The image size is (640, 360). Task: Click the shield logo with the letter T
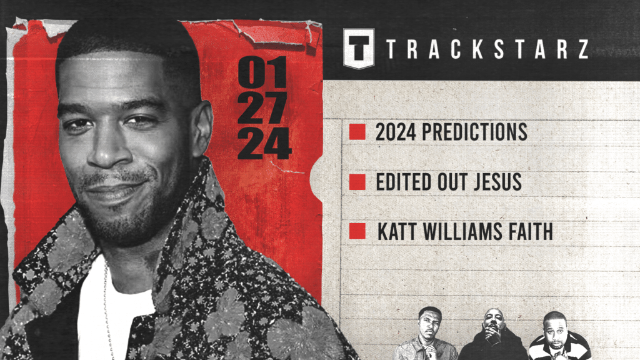pos(359,48)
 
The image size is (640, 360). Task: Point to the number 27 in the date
pos(264,110)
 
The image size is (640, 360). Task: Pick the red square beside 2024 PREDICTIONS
pos(357,132)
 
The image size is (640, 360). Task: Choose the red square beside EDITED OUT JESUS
pos(357,182)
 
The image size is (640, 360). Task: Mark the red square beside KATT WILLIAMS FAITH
pos(357,231)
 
